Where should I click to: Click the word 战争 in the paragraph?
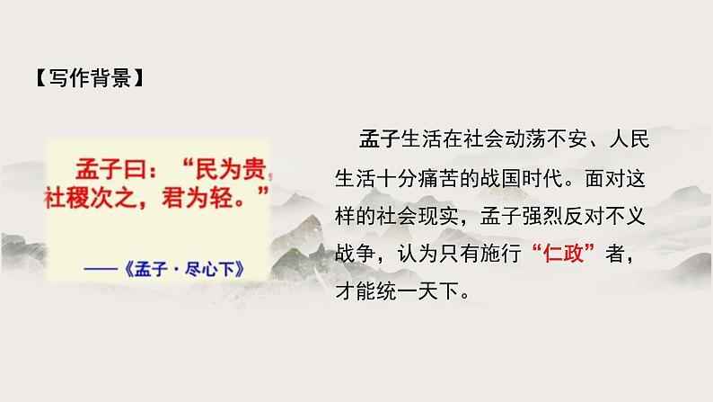(356, 255)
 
